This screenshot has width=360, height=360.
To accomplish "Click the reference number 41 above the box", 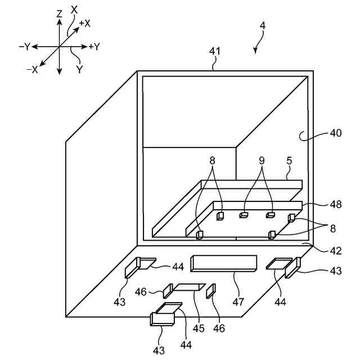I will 215,51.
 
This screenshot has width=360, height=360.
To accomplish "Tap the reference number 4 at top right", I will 263,26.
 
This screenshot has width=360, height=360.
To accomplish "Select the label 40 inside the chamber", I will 335,134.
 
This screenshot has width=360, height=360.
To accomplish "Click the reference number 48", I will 335,204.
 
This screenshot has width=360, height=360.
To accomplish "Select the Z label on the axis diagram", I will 58,13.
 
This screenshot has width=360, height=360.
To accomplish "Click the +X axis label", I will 85,24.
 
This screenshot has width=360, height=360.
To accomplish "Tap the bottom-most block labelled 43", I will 162,319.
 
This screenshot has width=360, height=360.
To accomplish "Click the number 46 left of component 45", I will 142,291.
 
